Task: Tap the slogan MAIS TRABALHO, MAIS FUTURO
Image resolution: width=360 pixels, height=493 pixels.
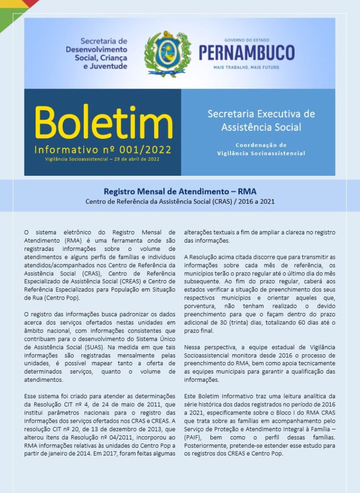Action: tap(246, 68)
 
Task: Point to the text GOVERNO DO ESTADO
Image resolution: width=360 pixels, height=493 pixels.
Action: tap(246, 40)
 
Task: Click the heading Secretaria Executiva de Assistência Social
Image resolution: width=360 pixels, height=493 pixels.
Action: tap(261, 120)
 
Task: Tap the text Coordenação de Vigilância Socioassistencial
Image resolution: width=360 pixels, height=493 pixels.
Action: tap(261, 149)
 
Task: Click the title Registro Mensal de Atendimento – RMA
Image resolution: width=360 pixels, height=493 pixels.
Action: tap(180, 191)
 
